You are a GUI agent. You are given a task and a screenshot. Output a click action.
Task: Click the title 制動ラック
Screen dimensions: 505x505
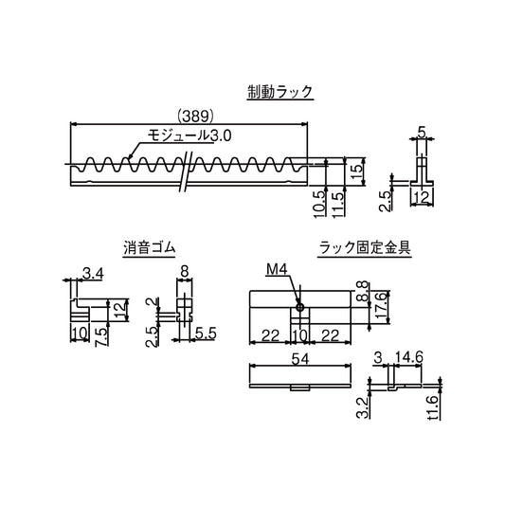point(280,92)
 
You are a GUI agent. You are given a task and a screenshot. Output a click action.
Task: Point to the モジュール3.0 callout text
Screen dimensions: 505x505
point(188,136)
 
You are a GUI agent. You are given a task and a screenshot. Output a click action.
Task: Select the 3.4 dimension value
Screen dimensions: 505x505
point(93,275)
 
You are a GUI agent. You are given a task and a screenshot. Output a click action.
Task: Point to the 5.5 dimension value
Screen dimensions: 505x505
point(207,334)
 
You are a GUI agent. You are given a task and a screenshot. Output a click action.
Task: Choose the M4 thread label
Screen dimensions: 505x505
point(276,270)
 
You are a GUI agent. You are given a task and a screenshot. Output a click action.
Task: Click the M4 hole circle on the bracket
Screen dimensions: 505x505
point(299,306)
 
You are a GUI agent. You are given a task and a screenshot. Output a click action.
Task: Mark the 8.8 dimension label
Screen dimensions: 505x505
point(363,292)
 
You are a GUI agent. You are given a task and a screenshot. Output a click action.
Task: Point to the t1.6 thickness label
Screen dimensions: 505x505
point(432,407)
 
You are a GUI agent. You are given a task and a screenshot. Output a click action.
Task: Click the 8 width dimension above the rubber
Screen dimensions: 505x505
point(185,271)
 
